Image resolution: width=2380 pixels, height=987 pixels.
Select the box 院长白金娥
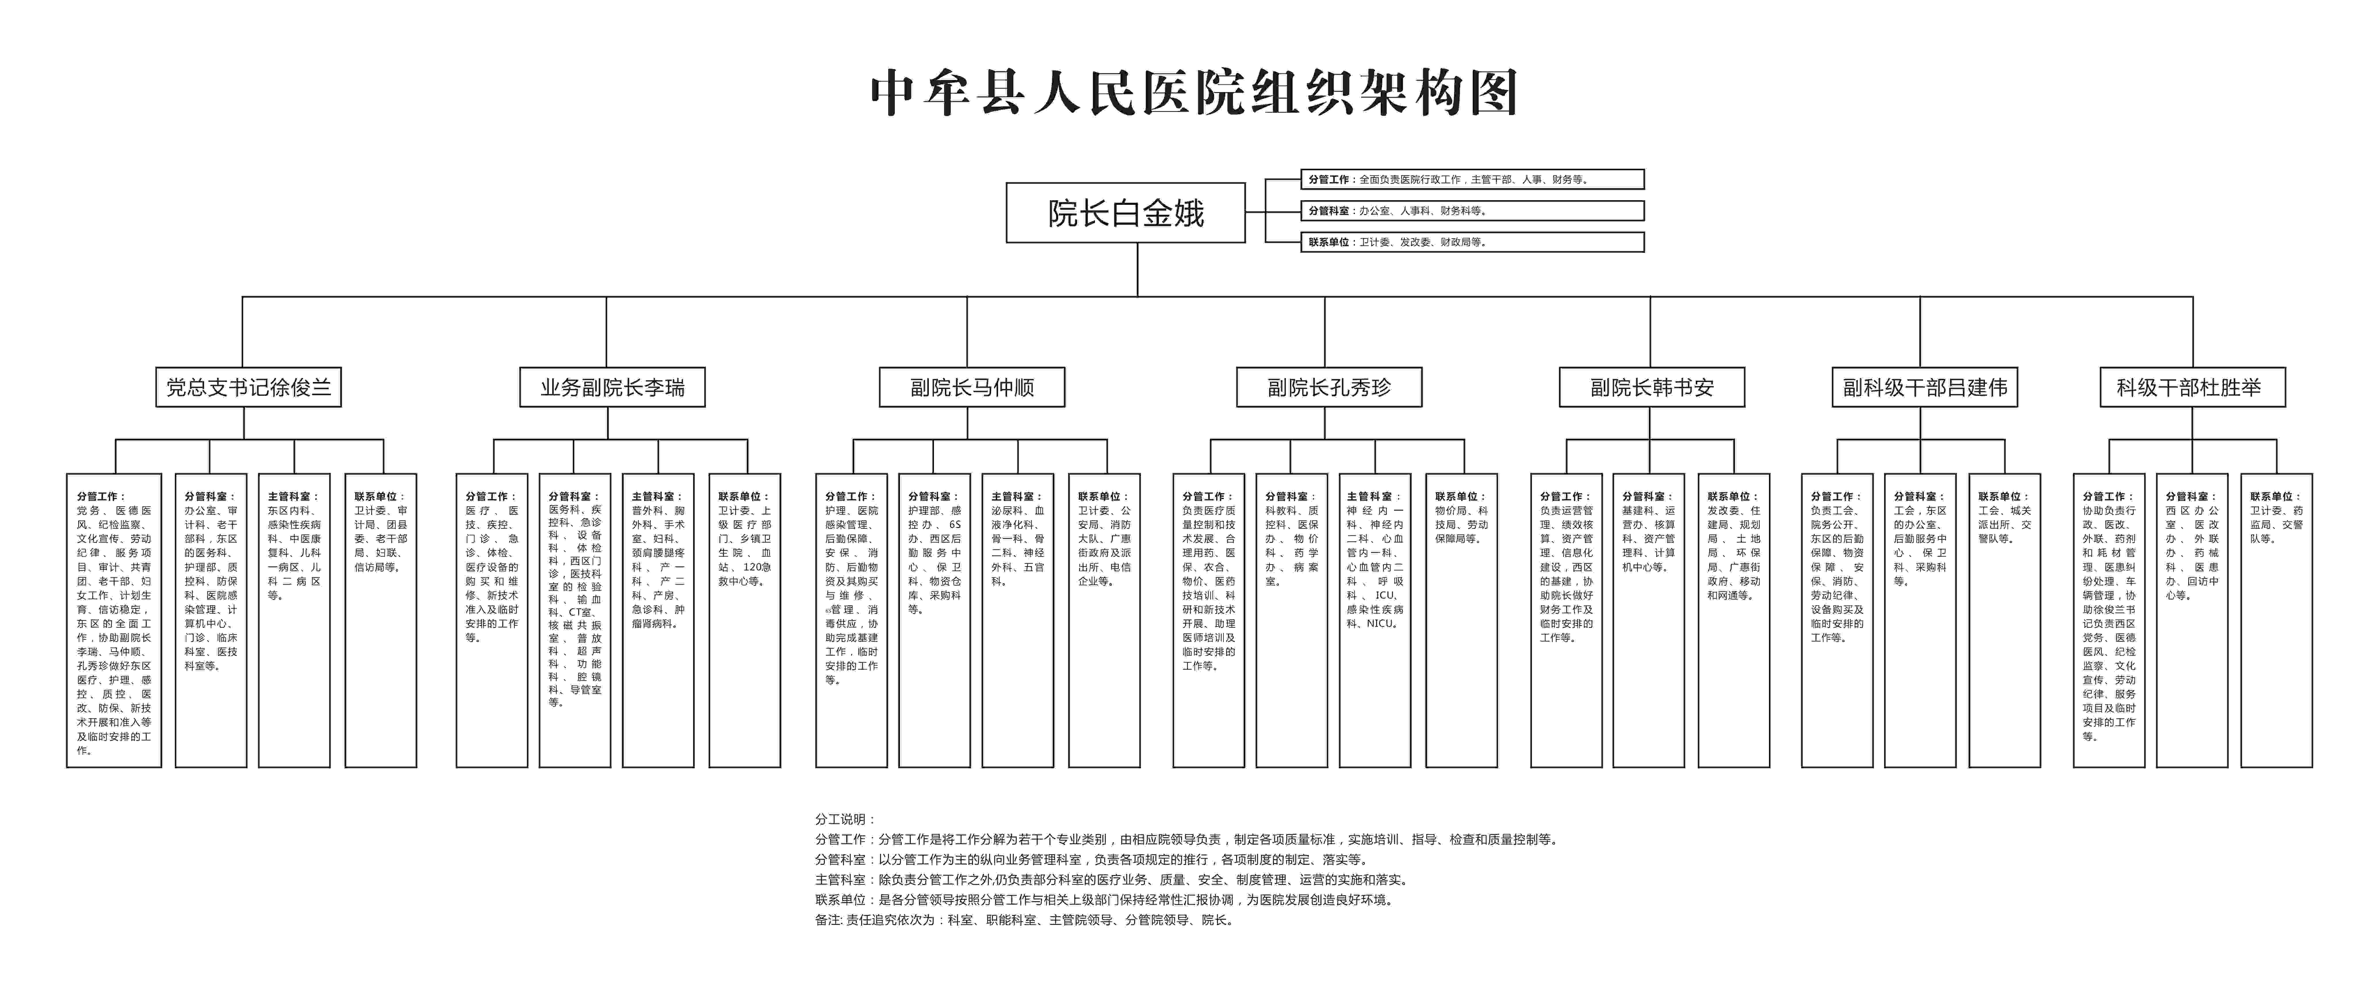click(1125, 213)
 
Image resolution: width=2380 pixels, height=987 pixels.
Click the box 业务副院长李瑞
click(612, 387)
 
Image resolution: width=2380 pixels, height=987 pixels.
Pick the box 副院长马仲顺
click(972, 387)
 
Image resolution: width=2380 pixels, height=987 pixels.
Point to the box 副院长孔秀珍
click(1328, 387)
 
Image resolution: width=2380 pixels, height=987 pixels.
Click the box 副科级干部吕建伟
click(1925, 387)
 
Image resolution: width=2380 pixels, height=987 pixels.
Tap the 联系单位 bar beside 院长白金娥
click(1472, 242)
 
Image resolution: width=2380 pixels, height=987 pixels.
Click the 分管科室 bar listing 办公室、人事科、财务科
click(1472, 211)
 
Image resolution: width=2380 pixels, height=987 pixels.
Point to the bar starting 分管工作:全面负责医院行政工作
click(1472, 179)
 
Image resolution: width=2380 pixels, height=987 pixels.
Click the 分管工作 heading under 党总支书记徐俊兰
click(101, 496)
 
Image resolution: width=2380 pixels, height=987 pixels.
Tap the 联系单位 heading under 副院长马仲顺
click(1103, 496)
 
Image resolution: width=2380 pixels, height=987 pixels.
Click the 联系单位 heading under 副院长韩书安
click(1732, 496)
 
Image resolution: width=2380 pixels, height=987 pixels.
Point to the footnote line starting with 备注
click(1024, 921)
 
